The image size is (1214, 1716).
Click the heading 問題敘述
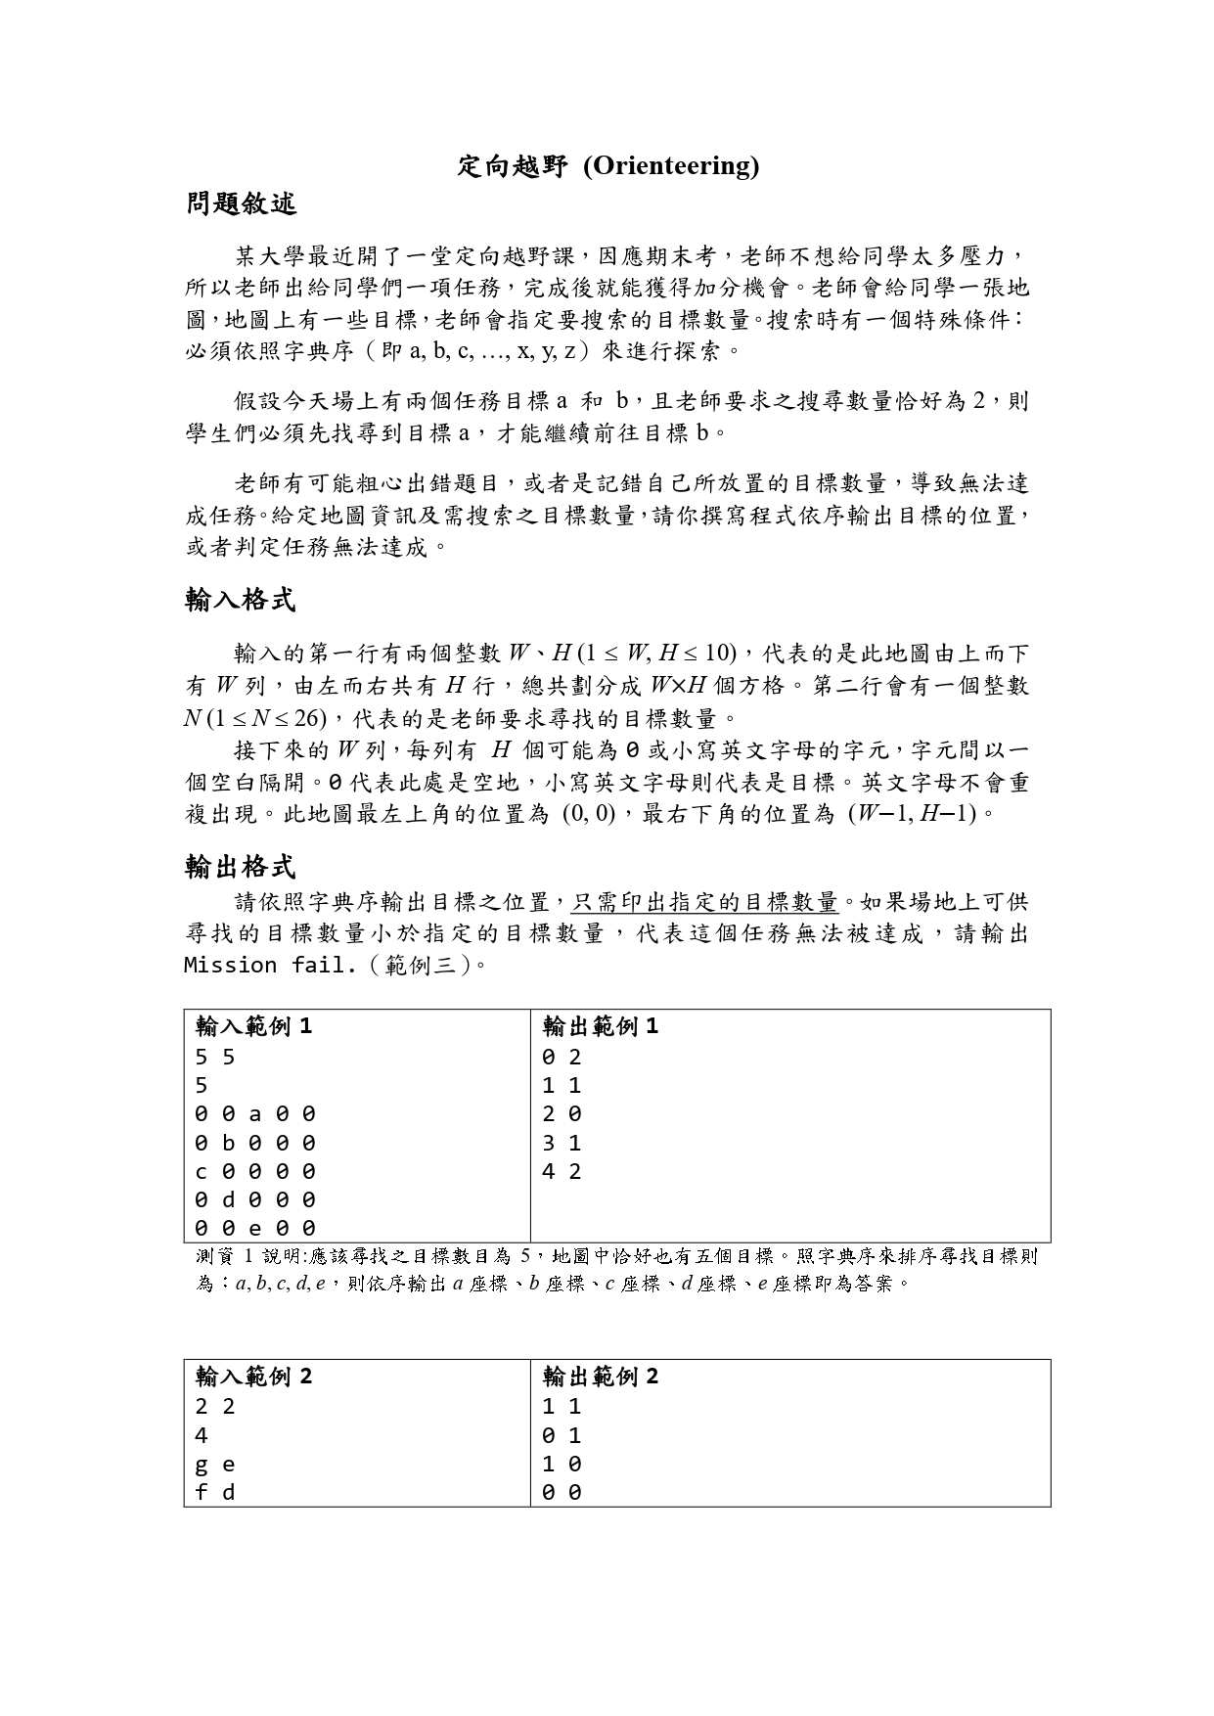pos(241,204)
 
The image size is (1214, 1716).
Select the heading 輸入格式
pos(241,600)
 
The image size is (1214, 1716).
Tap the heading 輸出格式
pos(241,866)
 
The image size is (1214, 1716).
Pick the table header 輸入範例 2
pos(253,1377)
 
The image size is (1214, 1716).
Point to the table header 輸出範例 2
pos(601,1377)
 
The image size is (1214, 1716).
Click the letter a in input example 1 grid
pos(255,1113)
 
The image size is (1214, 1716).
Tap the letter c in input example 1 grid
pos(201,1171)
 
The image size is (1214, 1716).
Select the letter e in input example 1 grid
pos(255,1228)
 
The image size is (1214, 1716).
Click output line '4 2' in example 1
pos(562,1171)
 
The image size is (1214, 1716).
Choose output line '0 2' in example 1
pos(562,1057)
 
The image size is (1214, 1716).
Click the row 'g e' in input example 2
pos(215,1465)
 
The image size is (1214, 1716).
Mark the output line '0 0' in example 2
pos(562,1493)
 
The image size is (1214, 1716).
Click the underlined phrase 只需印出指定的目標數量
pos(704,901)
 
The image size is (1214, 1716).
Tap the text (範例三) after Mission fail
pos(422,966)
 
